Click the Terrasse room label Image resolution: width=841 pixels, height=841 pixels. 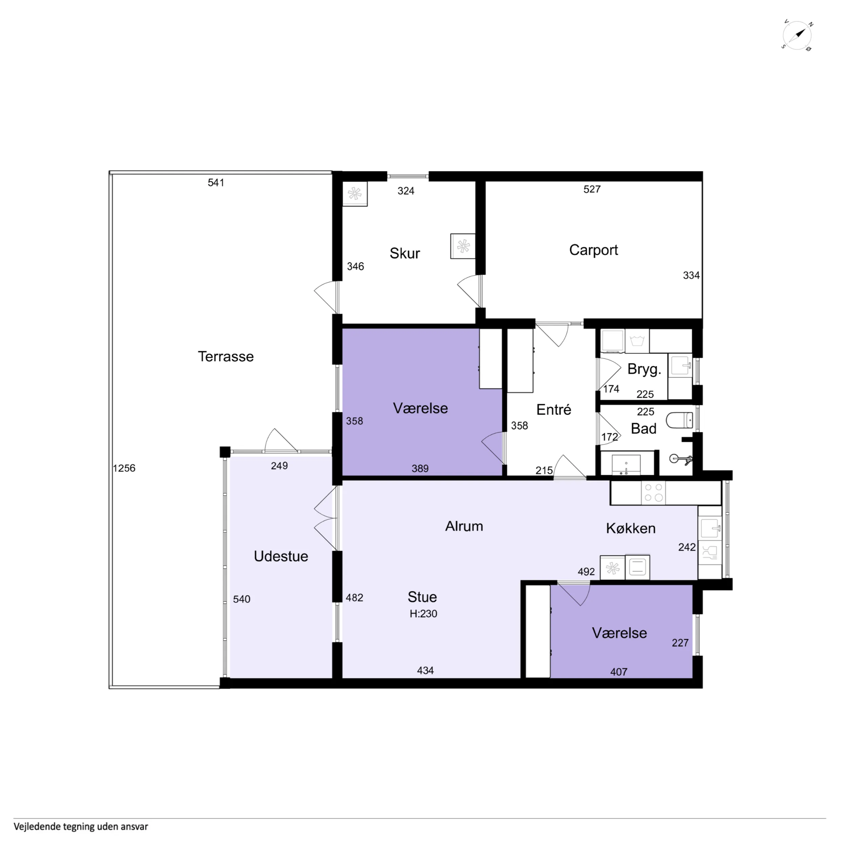click(226, 356)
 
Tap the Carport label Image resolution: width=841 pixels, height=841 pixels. click(593, 250)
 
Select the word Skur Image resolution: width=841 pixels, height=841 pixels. click(405, 253)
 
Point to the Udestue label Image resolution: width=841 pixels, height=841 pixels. click(281, 556)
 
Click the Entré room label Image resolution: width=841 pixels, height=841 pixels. click(553, 410)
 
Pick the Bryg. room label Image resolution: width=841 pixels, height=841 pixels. click(644, 370)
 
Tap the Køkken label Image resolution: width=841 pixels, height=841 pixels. click(630, 528)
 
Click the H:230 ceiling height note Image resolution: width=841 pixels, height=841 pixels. click(423, 614)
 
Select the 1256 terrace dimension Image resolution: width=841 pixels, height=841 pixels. click(124, 468)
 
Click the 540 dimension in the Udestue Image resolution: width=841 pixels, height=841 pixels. click(241, 599)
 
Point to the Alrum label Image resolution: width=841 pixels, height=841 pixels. click(464, 526)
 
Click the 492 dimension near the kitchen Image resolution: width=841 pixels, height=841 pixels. click(586, 571)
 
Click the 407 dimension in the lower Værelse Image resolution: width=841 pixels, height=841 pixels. click(619, 672)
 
